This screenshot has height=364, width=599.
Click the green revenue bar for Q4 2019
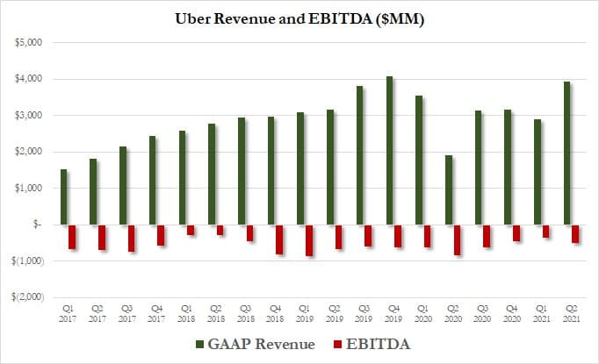390,150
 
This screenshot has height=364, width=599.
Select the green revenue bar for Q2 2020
449,189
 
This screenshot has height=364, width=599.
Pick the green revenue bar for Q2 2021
567,153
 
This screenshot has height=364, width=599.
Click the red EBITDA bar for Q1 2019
310,239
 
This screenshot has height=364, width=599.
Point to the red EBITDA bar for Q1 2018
191,230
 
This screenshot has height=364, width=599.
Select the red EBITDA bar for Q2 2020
458,239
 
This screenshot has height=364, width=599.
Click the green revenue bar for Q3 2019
360,155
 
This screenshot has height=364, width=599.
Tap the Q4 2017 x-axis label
156,313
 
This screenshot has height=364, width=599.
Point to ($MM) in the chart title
395,19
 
